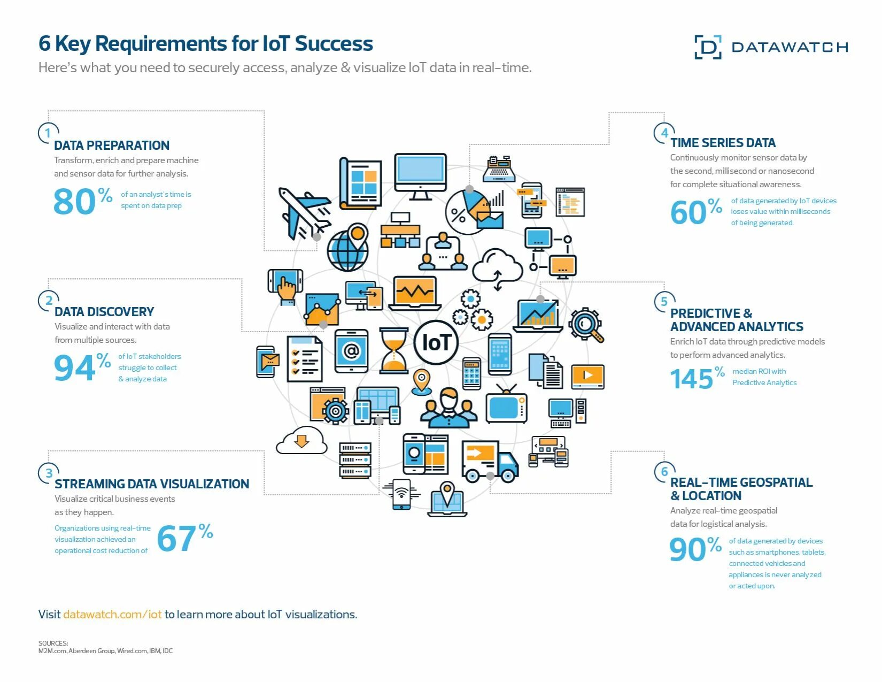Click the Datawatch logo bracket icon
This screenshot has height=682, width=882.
708,47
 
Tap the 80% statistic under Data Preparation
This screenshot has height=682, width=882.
83,202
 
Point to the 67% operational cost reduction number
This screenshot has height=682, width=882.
184,538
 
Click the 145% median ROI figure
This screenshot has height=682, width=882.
697,378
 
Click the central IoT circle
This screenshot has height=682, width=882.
436,343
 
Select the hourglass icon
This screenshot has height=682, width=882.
394,350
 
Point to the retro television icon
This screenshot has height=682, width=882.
506,405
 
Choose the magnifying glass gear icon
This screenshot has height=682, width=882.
586,325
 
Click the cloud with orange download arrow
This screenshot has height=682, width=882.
301,441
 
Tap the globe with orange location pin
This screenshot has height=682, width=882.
349,248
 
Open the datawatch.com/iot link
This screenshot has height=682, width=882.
112,614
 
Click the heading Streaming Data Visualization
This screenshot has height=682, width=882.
152,484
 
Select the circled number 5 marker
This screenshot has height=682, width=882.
664,302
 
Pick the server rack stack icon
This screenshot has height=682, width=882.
355,460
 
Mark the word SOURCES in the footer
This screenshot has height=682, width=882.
53,643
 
